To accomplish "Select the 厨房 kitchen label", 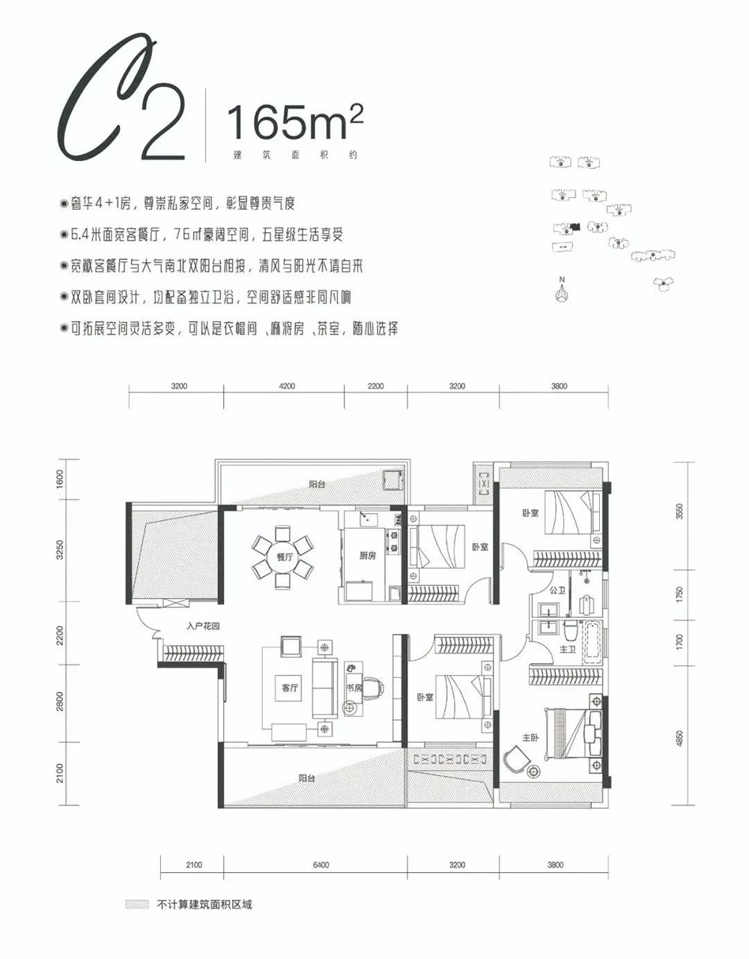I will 367,555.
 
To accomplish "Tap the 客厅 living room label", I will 289,687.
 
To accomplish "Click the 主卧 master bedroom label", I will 530,738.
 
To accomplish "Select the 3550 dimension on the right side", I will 679,513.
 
